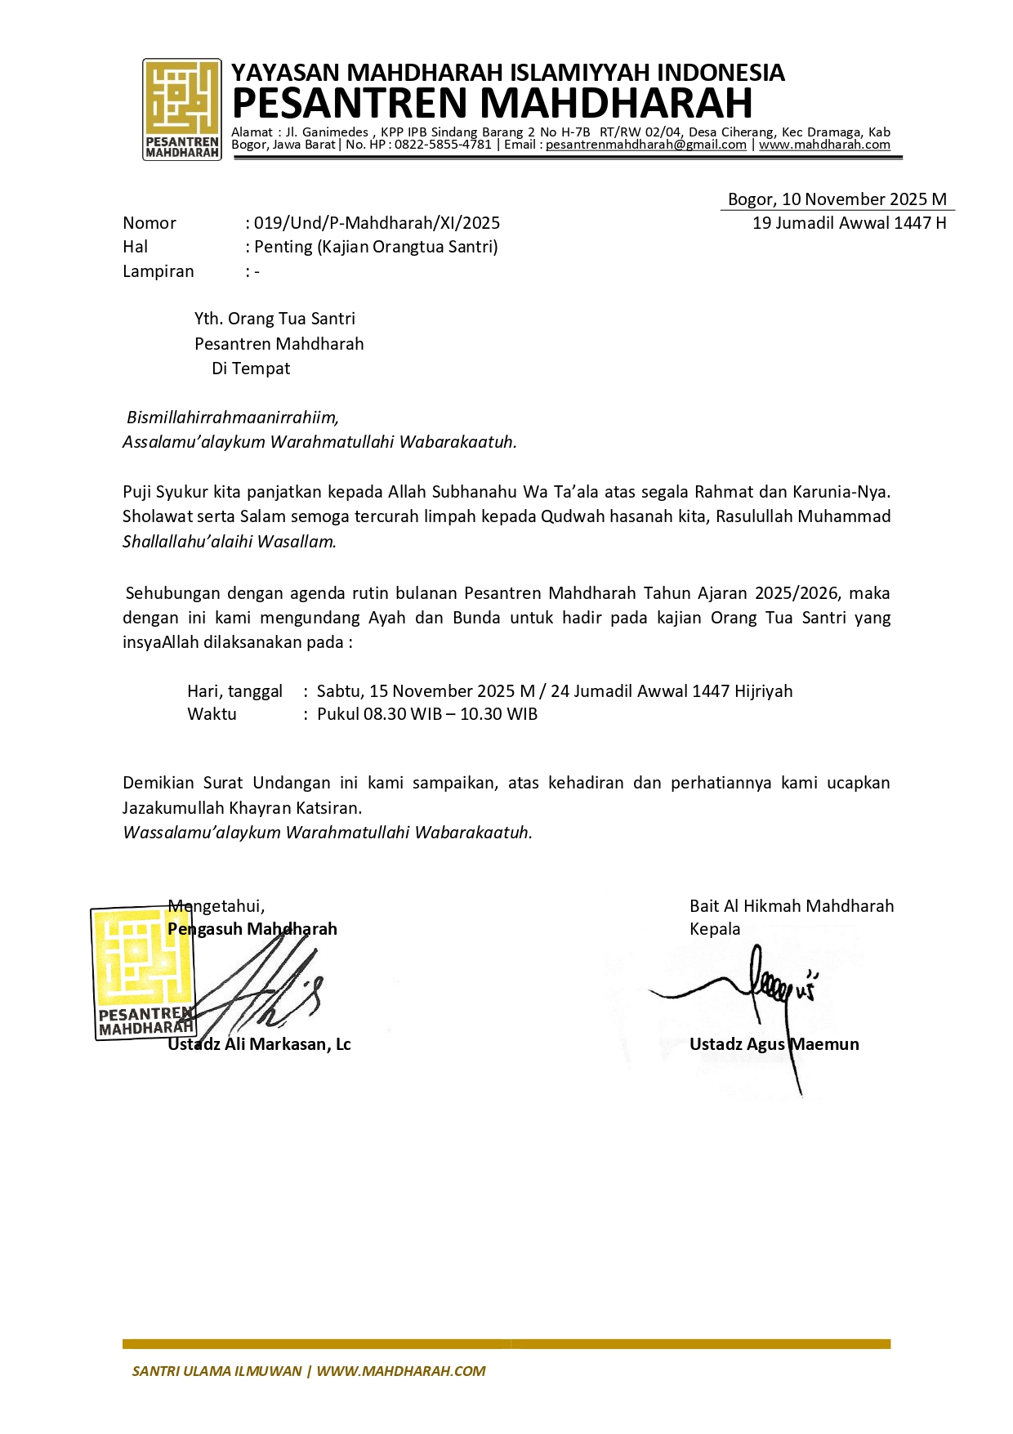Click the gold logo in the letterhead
181,109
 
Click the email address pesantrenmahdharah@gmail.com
645,145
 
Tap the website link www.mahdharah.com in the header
824,145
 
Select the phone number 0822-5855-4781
443,145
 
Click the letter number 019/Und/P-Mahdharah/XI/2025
377,223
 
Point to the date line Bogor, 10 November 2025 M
837,199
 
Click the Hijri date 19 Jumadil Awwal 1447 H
849,223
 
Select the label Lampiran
158,271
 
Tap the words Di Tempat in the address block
251,369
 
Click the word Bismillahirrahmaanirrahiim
232,418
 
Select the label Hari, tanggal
234,691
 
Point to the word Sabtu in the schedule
338,691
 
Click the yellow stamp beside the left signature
144,972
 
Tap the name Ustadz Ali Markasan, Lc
259,1044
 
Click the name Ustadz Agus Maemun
774,1044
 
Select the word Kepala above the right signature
715,929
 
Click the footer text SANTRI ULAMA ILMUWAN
216,1371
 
